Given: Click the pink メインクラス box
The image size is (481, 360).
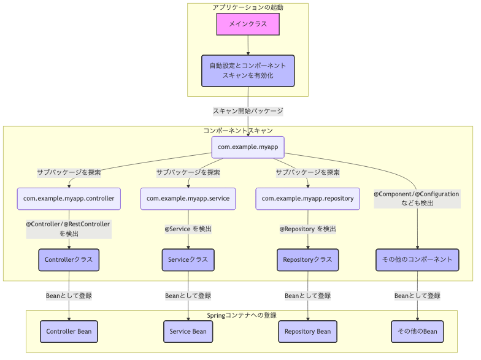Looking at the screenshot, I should click(x=248, y=25).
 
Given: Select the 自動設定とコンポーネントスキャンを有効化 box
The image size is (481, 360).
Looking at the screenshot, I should click(x=248, y=71).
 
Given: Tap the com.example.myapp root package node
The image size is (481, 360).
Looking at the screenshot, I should click(x=248, y=147).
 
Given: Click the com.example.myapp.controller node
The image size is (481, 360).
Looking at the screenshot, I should click(x=69, y=199).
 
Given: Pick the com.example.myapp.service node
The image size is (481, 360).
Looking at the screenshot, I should click(x=188, y=199).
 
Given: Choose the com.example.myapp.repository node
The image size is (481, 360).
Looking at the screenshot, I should click(x=307, y=199).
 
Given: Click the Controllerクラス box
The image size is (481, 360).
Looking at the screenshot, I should click(x=69, y=259).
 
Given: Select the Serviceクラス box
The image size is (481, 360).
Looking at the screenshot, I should click(x=188, y=259).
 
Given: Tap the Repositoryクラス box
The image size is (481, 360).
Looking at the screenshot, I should click(x=307, y=259).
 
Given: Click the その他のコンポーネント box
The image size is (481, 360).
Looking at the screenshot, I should click(x=417, y=259).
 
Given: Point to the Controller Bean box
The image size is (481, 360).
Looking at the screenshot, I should click(x=69, y=331).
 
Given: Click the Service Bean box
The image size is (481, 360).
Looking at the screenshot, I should click(x=188, y=331).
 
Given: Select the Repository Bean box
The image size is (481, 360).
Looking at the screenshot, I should click(x=307, y=331).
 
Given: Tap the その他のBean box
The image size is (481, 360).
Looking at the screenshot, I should click(x=417, y=331).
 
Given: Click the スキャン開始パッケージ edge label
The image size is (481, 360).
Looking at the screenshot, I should click(x=248, y=112).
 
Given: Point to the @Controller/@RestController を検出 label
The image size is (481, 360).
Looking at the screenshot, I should click(x=69, y=229).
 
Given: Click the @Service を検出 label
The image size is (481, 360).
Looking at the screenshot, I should click(x=188, y=229).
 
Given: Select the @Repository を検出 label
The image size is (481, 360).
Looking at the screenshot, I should click(x=307, y=229).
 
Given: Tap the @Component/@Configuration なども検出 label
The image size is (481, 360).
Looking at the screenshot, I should click(x=417, y=198).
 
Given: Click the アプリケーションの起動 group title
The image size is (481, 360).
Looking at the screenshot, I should click(x=248, y=7).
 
